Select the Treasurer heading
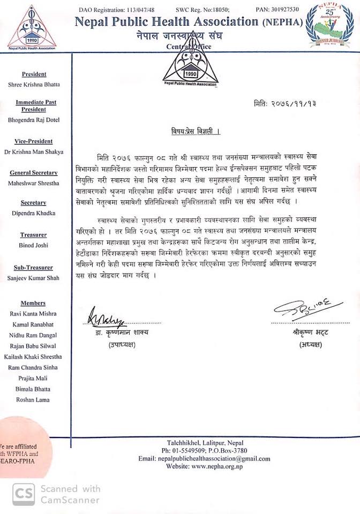coord(34,235)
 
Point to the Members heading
coord(34,303)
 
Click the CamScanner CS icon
coord(22,494)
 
